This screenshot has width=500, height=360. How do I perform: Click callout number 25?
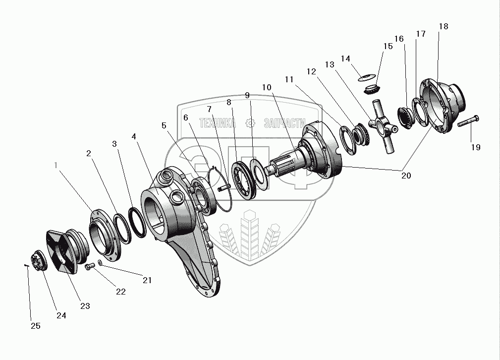coord(36,326)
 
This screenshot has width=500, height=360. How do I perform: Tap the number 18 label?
coord(443,27)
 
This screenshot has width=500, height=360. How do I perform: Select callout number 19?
coord(475,147)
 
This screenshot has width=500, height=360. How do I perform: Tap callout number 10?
coord(267,87)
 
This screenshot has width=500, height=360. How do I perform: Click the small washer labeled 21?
coord(101,262)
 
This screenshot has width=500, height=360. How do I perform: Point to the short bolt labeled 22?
coord(89,267)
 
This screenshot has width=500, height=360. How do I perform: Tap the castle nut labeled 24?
coord(36,261)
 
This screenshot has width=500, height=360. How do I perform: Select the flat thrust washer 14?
coord(367,77)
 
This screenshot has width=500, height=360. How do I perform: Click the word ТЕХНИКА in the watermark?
coord(217,123)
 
